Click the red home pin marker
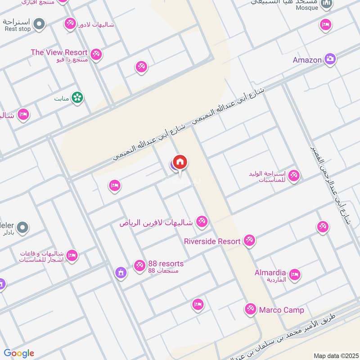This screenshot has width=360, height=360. click(180, 162)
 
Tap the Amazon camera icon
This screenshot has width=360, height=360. click(330, 59)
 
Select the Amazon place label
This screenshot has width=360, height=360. click(307, 60)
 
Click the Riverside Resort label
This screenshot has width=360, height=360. click(212, 241)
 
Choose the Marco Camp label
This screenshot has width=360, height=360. click(281, 310)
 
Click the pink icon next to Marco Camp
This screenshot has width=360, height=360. click(250, 309)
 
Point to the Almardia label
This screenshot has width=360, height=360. click(270, 273)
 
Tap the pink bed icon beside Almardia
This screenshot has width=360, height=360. click(294, 274)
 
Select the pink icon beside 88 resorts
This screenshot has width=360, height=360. click(139, 266)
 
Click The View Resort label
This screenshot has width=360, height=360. click(59, 53)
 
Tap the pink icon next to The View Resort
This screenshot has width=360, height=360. click(96, 55)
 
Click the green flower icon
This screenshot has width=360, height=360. click(77, 98)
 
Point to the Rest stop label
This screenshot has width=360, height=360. click(18, 29)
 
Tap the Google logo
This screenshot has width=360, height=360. click(19, 353)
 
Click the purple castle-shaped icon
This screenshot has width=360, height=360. click(121, 273)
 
